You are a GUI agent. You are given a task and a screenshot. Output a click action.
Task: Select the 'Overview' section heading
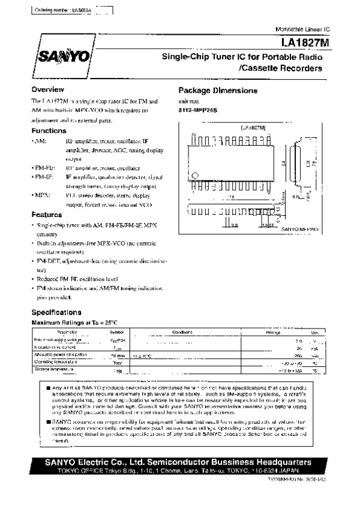[48, 90]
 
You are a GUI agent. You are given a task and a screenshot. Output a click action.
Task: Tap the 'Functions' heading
[49, 131]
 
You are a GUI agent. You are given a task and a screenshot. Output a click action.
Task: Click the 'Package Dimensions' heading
[218, 91]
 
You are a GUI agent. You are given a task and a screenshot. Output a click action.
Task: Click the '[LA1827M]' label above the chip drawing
[253, 128]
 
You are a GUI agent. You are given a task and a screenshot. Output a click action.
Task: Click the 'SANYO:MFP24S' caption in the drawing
[301, 229]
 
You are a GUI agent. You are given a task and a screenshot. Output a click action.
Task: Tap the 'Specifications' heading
[56, 312]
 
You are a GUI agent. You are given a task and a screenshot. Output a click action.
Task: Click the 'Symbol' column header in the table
[116, 332]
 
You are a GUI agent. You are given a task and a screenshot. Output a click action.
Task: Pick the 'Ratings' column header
[273, 332]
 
